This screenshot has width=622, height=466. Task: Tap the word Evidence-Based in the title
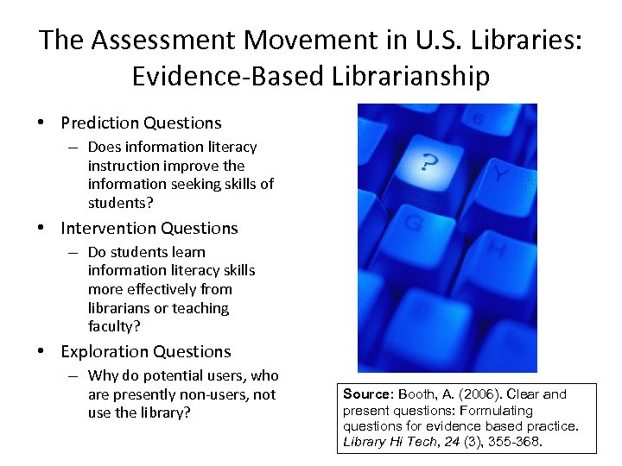click(224, 77)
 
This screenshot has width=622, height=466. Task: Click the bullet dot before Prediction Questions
click(41, 123)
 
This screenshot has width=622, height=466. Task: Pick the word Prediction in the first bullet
click(98, 123)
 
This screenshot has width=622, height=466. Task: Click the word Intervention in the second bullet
click(105, 229)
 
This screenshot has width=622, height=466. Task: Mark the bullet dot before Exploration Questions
click(41, 352)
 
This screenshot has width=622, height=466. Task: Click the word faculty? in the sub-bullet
click(114, 326)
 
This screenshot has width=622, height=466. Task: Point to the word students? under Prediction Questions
click(120, 203)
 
